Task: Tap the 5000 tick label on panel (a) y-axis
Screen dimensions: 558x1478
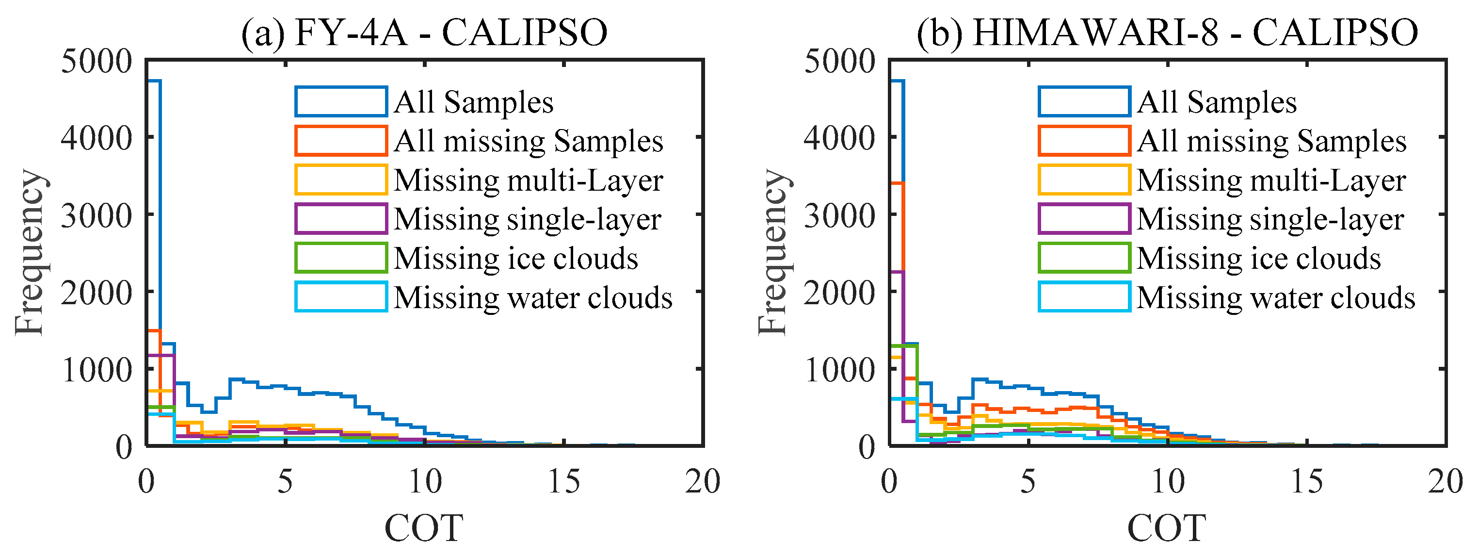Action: [96, 60]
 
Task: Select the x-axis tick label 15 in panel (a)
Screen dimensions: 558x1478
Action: [564, 481]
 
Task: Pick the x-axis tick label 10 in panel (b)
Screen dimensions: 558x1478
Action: [1168, 481]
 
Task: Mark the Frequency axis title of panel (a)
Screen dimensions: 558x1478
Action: [30, 253]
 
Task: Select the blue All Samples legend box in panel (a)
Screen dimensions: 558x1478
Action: [341, 101]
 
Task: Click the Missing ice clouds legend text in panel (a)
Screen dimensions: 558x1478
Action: [516, 258]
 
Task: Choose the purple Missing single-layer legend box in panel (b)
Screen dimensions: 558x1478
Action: [1084, 219]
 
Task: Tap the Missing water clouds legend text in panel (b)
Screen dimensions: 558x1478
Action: [1275, 297]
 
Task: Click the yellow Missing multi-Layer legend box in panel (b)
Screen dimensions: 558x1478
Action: [1084, 180]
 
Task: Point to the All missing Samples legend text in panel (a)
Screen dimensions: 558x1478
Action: [529, 141]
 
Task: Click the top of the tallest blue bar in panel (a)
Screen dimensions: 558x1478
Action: [154, 81]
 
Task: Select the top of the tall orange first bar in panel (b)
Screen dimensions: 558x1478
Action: [897, 183]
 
